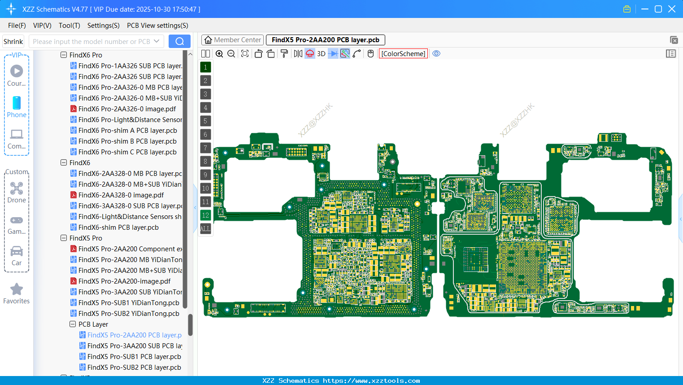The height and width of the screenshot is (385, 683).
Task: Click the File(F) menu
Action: point(17,26)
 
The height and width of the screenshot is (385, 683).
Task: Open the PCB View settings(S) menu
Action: point(157,26)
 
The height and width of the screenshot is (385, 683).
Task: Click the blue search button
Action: point(179,41)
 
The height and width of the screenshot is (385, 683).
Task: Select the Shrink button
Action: point(13,41)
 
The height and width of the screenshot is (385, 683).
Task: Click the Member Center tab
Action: point(232,40)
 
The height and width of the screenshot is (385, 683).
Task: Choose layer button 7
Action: point(205,148)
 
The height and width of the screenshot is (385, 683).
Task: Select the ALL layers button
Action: point(205,228)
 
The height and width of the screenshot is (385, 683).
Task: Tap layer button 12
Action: point(205,215)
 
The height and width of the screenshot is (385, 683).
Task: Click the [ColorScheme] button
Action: point(403,53)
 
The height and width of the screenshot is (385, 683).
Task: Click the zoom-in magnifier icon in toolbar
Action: point(219,54)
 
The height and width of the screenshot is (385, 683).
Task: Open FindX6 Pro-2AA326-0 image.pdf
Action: point(127,109)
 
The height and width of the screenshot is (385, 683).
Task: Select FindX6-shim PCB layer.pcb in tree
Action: point(118,227)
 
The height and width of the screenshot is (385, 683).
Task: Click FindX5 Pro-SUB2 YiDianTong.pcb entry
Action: point(129,314)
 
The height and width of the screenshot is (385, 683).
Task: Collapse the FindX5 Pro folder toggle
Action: point(64,238)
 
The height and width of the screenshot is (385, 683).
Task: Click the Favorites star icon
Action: point(17,289)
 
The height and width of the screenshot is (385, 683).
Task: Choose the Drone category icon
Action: point(17,188)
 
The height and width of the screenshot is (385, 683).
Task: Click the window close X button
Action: point(672,9)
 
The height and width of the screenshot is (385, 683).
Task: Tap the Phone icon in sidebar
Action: point(17,103)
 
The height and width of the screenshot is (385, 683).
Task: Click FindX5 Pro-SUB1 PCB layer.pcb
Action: point(134,357)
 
